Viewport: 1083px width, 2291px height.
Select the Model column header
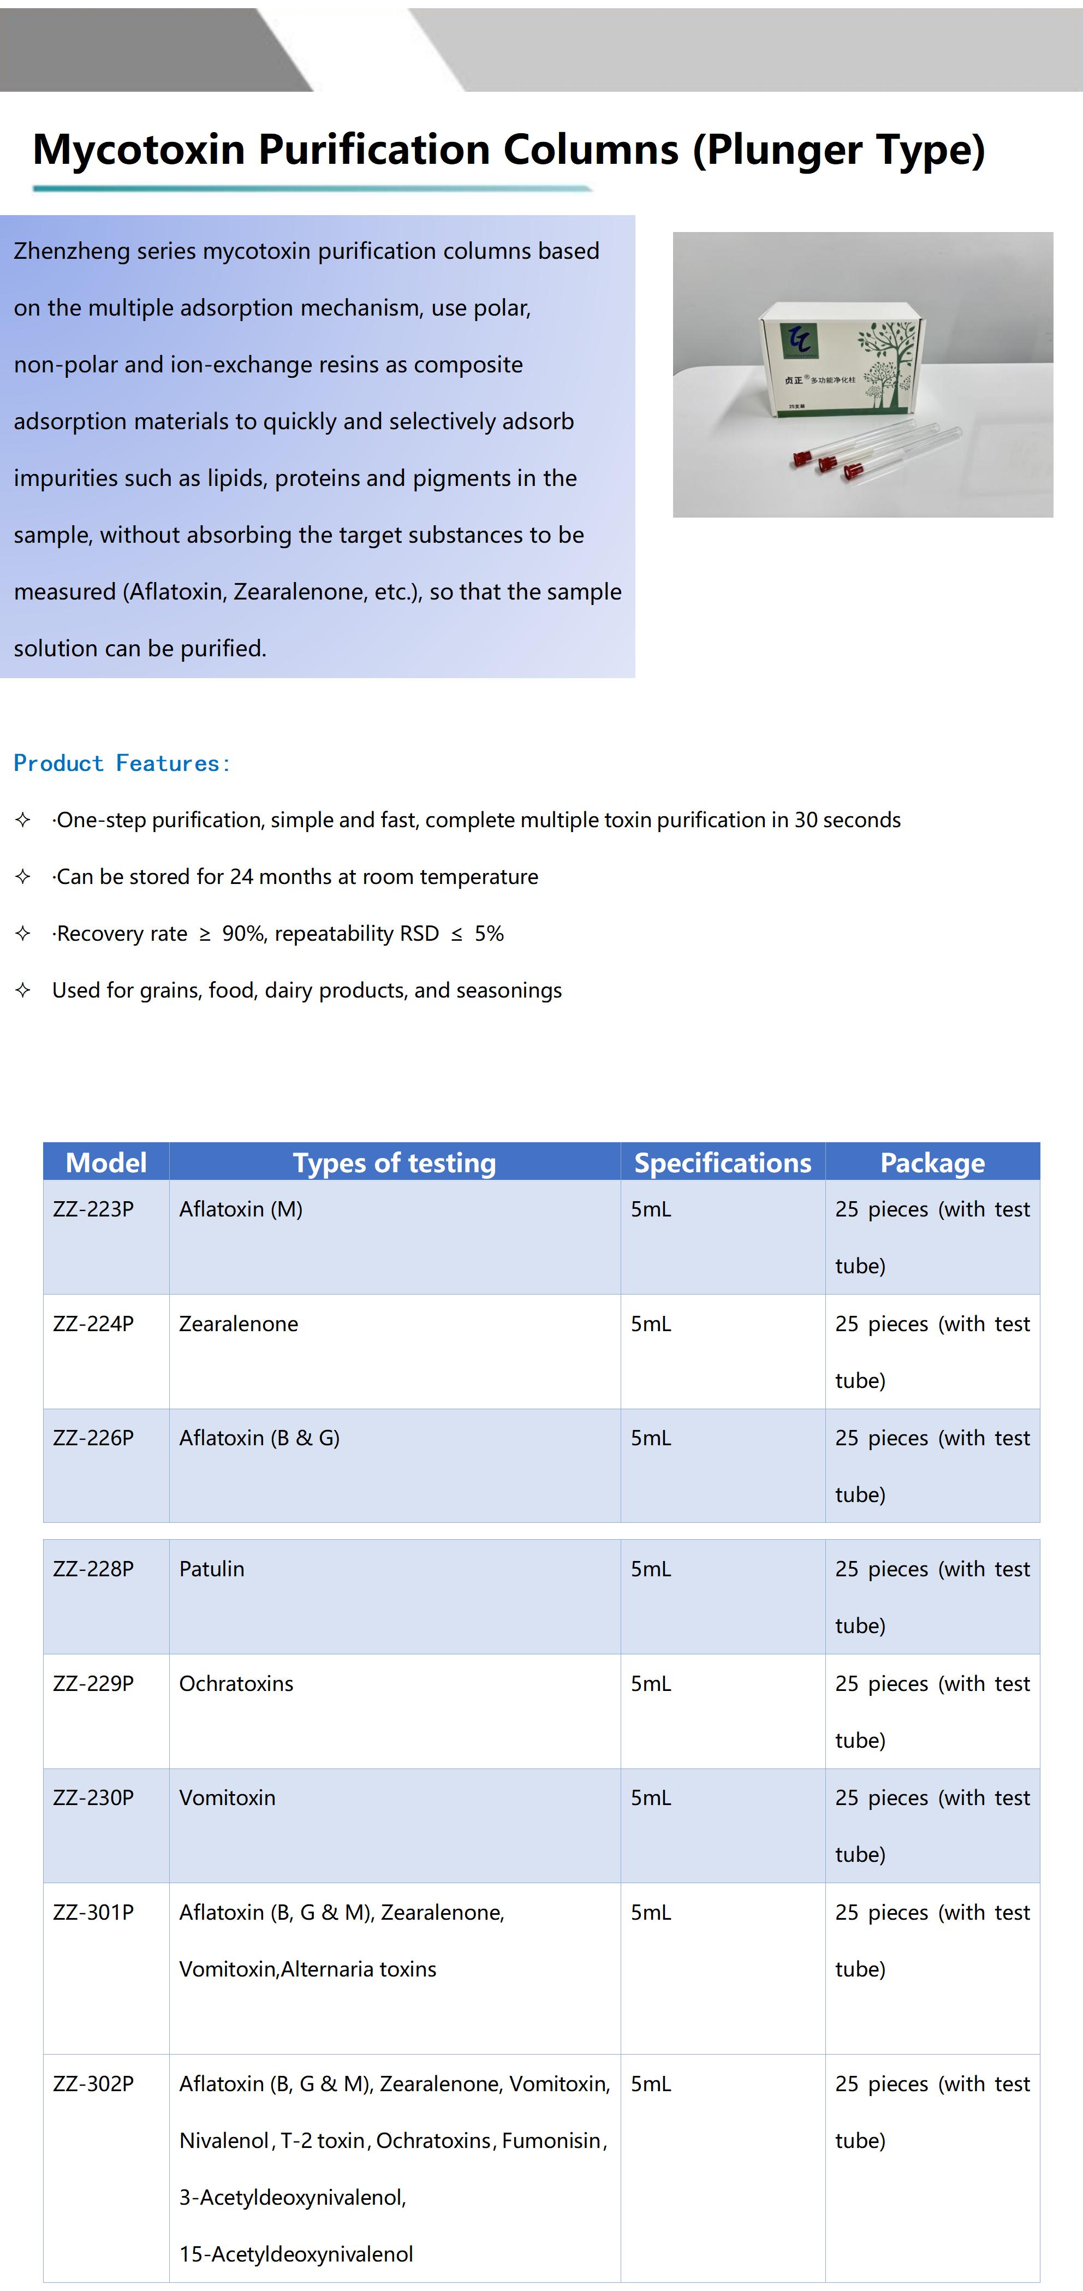click(x=106, y=1162)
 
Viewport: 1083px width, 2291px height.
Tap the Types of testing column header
click(x=394, y=1162)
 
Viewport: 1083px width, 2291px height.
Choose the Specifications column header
click(x=722, y=1162)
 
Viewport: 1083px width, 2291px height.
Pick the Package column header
click(x=932, y=1162)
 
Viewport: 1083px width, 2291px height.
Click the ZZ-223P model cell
click(x=93, y=1209)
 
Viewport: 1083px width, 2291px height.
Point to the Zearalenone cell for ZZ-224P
click(x=239, y=1323)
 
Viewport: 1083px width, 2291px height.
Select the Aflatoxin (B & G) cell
click(x=259, y=1438)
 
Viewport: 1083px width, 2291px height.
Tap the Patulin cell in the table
click(x=212, y=1569)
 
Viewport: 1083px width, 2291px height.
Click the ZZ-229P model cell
click(x=93, y=1683)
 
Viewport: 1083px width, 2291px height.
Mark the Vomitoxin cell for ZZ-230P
click(x=227, y=1797)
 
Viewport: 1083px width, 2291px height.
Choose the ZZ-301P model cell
click(x=93, y=1912)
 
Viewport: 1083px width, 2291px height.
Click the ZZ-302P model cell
click(x=93, y=2084)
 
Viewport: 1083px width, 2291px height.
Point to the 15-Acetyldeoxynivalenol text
click(x=296, y=2254)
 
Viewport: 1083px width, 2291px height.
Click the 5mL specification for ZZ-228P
click(x=651, y=1569)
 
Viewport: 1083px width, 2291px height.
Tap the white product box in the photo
click(x=831, y=356)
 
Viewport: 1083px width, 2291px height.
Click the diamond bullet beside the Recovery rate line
click(x=23, y=933)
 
